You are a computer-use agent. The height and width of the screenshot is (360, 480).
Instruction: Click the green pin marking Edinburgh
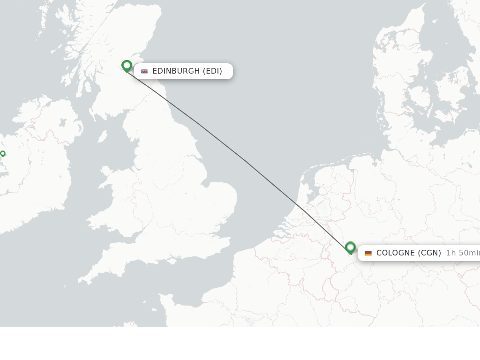pyautogui.click(x=127, y=66)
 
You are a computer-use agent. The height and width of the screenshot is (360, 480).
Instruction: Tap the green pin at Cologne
pyautogui.click(x=350, y=247)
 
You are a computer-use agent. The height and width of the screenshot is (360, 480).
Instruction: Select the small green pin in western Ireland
pyautogui.click(x=3, y=154)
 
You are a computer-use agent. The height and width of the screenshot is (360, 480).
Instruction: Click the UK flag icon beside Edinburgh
pyautogui.click(x=144, y=71)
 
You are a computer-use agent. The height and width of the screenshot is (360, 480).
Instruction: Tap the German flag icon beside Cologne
pyautogui.click(x=368, y=253)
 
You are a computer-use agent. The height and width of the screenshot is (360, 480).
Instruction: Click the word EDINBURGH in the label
pyautogui.click(x=176, y=71)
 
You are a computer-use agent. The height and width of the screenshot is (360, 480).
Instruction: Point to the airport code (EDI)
pyautogui.click(x=212, y=71)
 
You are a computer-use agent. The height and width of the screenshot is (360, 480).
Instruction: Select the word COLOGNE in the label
pyautogui.click(x=395, y=253)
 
